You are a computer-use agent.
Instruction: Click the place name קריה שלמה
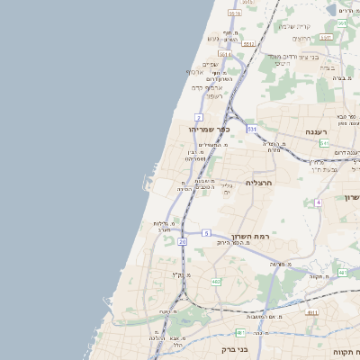[x=293, y=26]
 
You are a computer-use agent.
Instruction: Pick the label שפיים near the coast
[x=211, y=64]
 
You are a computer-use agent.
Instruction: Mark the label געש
[x=212, y=39]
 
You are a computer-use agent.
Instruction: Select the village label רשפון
[x=213, y=95]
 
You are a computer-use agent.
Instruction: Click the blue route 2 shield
[x=198, y=118]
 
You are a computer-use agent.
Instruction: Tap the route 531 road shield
[x=252, y=130]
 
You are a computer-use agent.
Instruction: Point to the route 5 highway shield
[x=206, y=233]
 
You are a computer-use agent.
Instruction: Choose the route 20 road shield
[x=183, y=241]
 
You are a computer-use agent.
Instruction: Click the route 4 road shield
[x=318, y=202]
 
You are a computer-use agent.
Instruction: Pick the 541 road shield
[x=324, y=143]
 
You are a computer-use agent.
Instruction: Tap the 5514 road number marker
[x=224, y=54]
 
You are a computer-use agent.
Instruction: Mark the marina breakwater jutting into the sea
[x=145, y=184]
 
